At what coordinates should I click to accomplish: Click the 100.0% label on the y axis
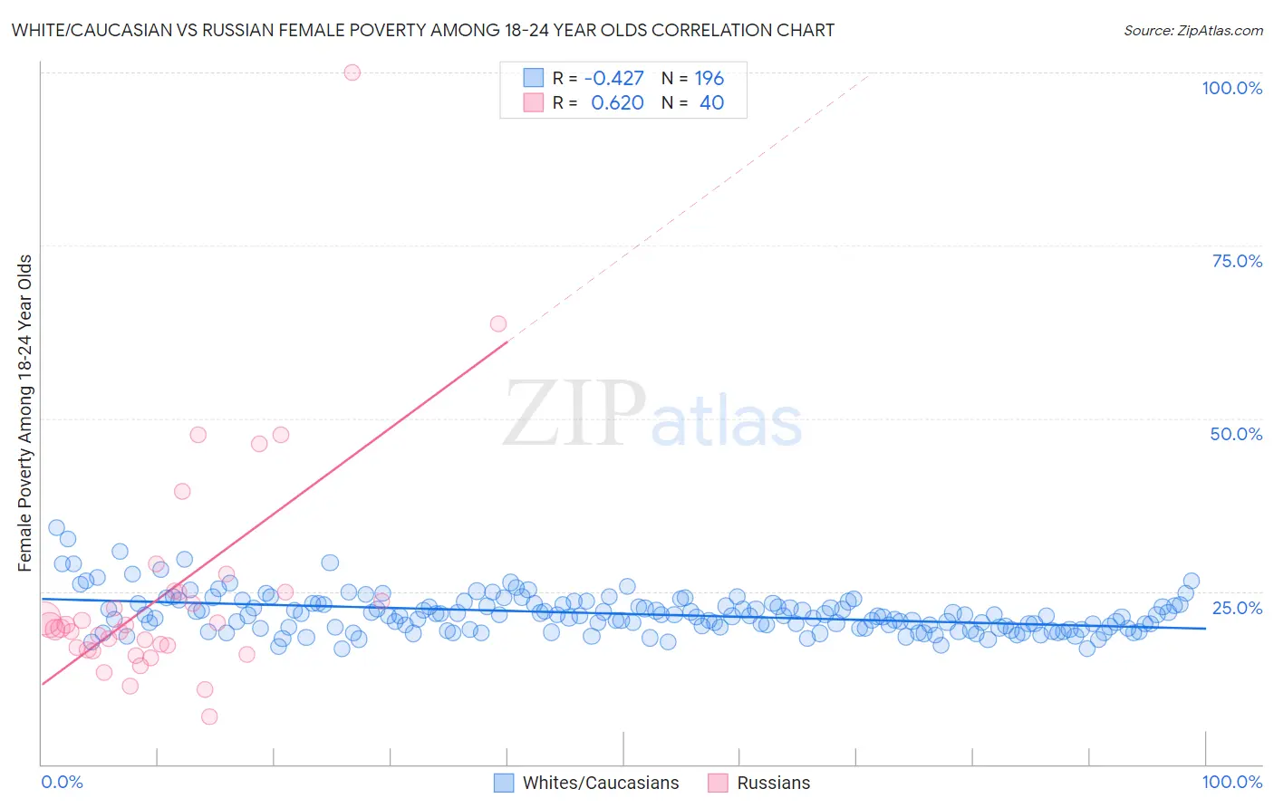coord(1231,88)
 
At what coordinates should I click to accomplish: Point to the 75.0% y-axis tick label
coord(1236,261)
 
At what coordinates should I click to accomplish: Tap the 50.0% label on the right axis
coord(1235,434)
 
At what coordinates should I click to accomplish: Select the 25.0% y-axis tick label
coord(1236,607)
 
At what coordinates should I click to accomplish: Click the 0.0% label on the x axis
coord(62,782)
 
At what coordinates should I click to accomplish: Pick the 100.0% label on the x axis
coord(1231,782)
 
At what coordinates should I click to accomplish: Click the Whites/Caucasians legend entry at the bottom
coord(600,783)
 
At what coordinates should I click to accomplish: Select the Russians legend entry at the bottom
coord(773,783)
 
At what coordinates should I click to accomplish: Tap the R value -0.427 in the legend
coord(613,79)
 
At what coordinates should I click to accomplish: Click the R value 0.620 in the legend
coord(617,103)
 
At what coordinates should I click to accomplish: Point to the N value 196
coord(709,79)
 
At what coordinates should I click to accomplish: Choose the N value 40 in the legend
coord(711,103)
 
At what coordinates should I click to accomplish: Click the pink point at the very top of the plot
coord(352,72)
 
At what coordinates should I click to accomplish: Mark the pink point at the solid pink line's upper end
coord(497,324)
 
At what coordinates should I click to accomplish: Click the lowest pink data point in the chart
coord(209,717)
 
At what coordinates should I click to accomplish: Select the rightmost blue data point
coord(1191,582)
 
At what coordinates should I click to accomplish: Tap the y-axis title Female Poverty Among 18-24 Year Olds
coord(24,413)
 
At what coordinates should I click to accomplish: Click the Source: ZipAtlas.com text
coord(1192,31)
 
